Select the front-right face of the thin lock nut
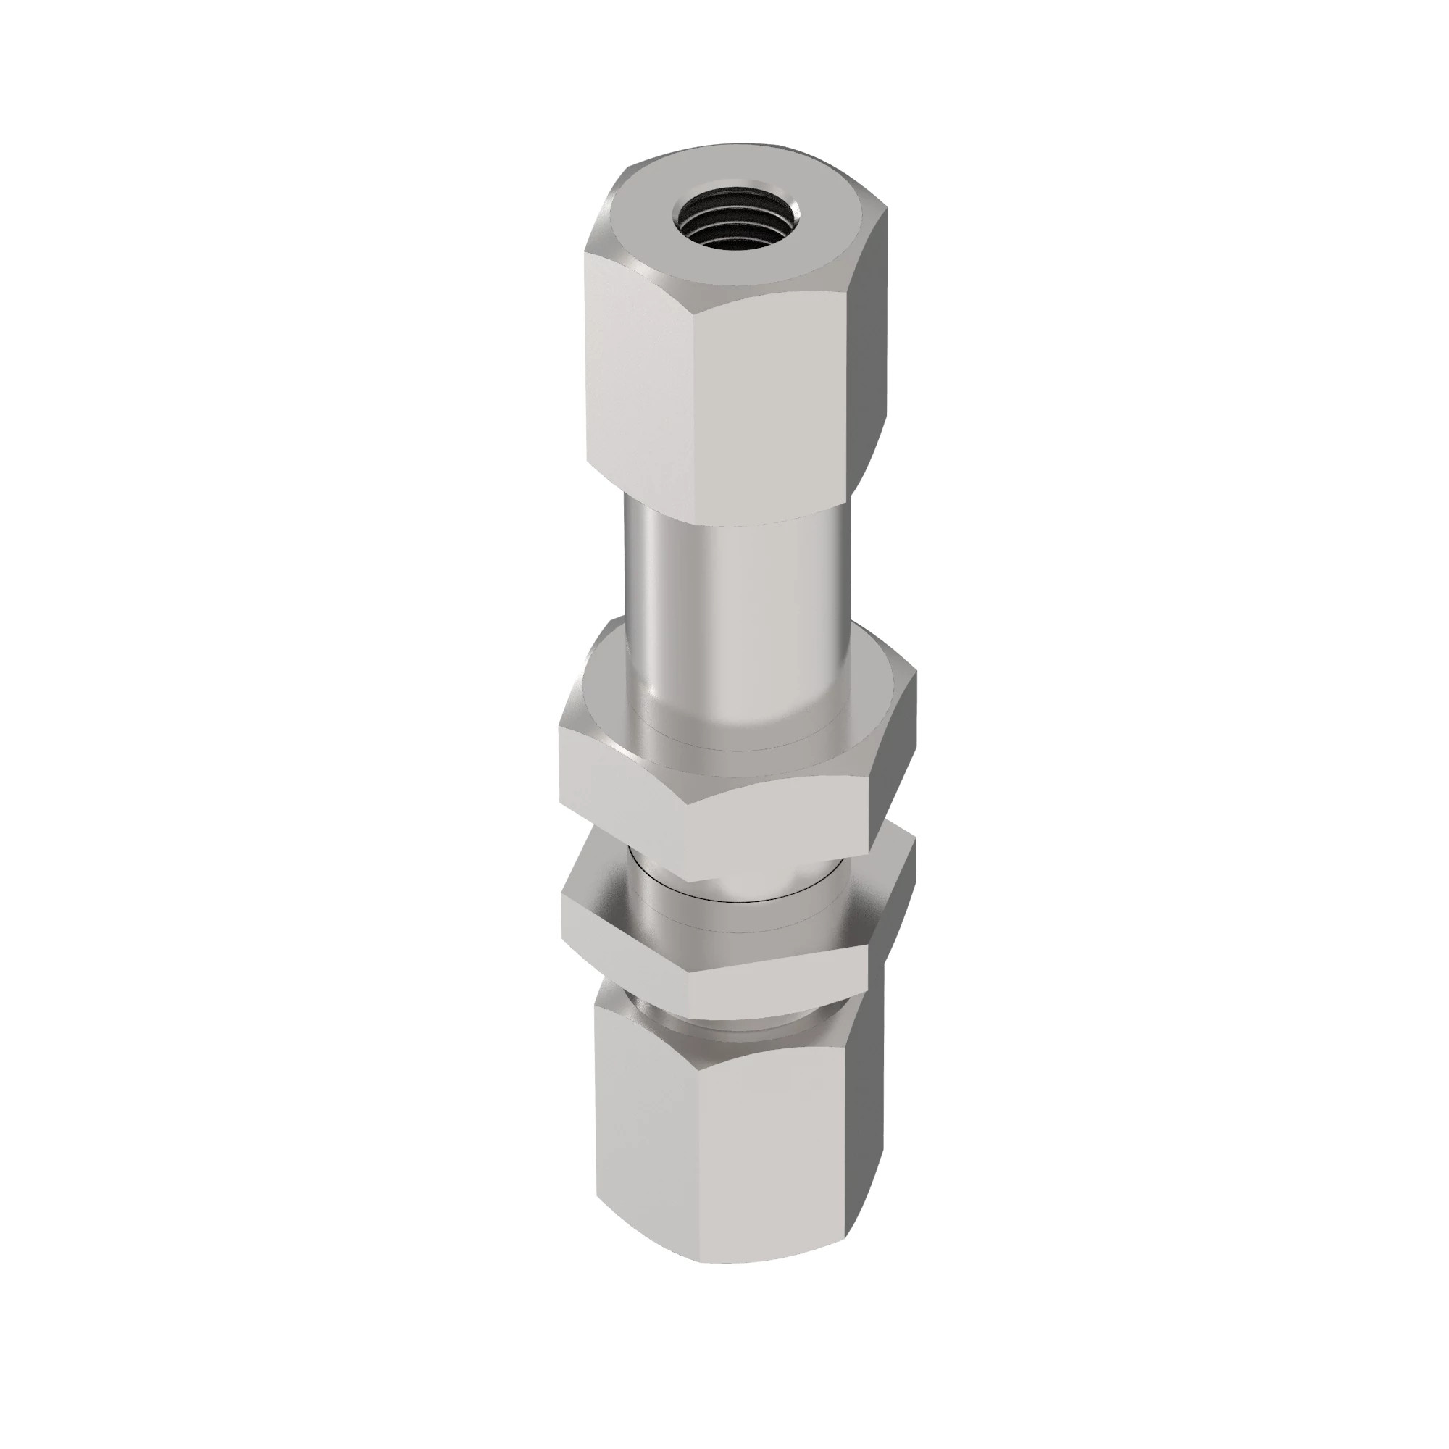tap(780, 975)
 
